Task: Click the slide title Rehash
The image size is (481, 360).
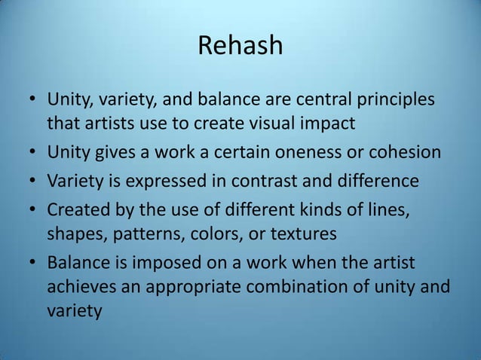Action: click(240, 46)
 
